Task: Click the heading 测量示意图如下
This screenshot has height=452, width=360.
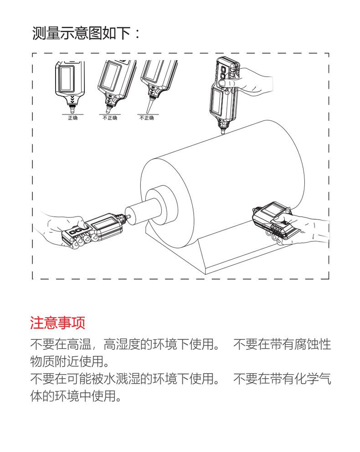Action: point(80,33)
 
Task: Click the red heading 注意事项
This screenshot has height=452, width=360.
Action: point(57,324)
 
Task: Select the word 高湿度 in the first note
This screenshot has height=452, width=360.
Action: point(123,344)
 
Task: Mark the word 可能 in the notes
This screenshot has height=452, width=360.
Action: point(83,379)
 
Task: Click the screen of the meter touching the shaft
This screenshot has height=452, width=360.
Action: point(104,225)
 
